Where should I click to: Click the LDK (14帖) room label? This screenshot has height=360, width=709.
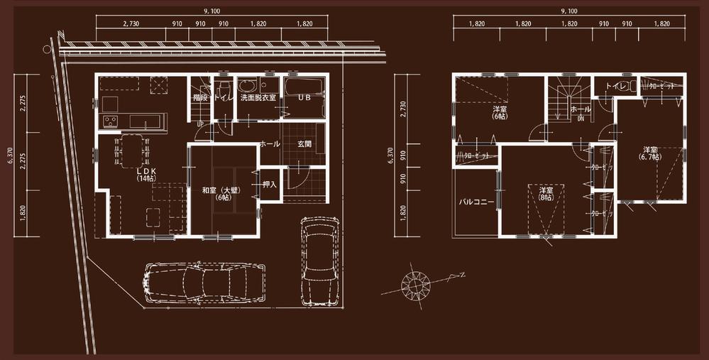click(147, 175)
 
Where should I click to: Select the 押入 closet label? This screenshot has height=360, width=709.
click(269, 185)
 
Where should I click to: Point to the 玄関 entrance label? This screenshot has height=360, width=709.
click(304, 144)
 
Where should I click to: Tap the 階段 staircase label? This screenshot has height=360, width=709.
click(199, 97)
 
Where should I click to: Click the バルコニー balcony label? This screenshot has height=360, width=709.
click(476, 202)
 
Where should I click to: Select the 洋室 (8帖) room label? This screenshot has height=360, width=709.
click(545, 195)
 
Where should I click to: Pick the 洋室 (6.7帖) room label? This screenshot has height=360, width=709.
click(652, 153)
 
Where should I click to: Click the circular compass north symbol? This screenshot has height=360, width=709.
click(415, 284)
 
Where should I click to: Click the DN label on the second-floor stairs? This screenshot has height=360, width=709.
click(580, 120)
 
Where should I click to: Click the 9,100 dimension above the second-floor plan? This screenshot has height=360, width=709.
click(569, 11)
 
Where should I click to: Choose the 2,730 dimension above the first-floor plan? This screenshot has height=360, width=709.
click(131, 23)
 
